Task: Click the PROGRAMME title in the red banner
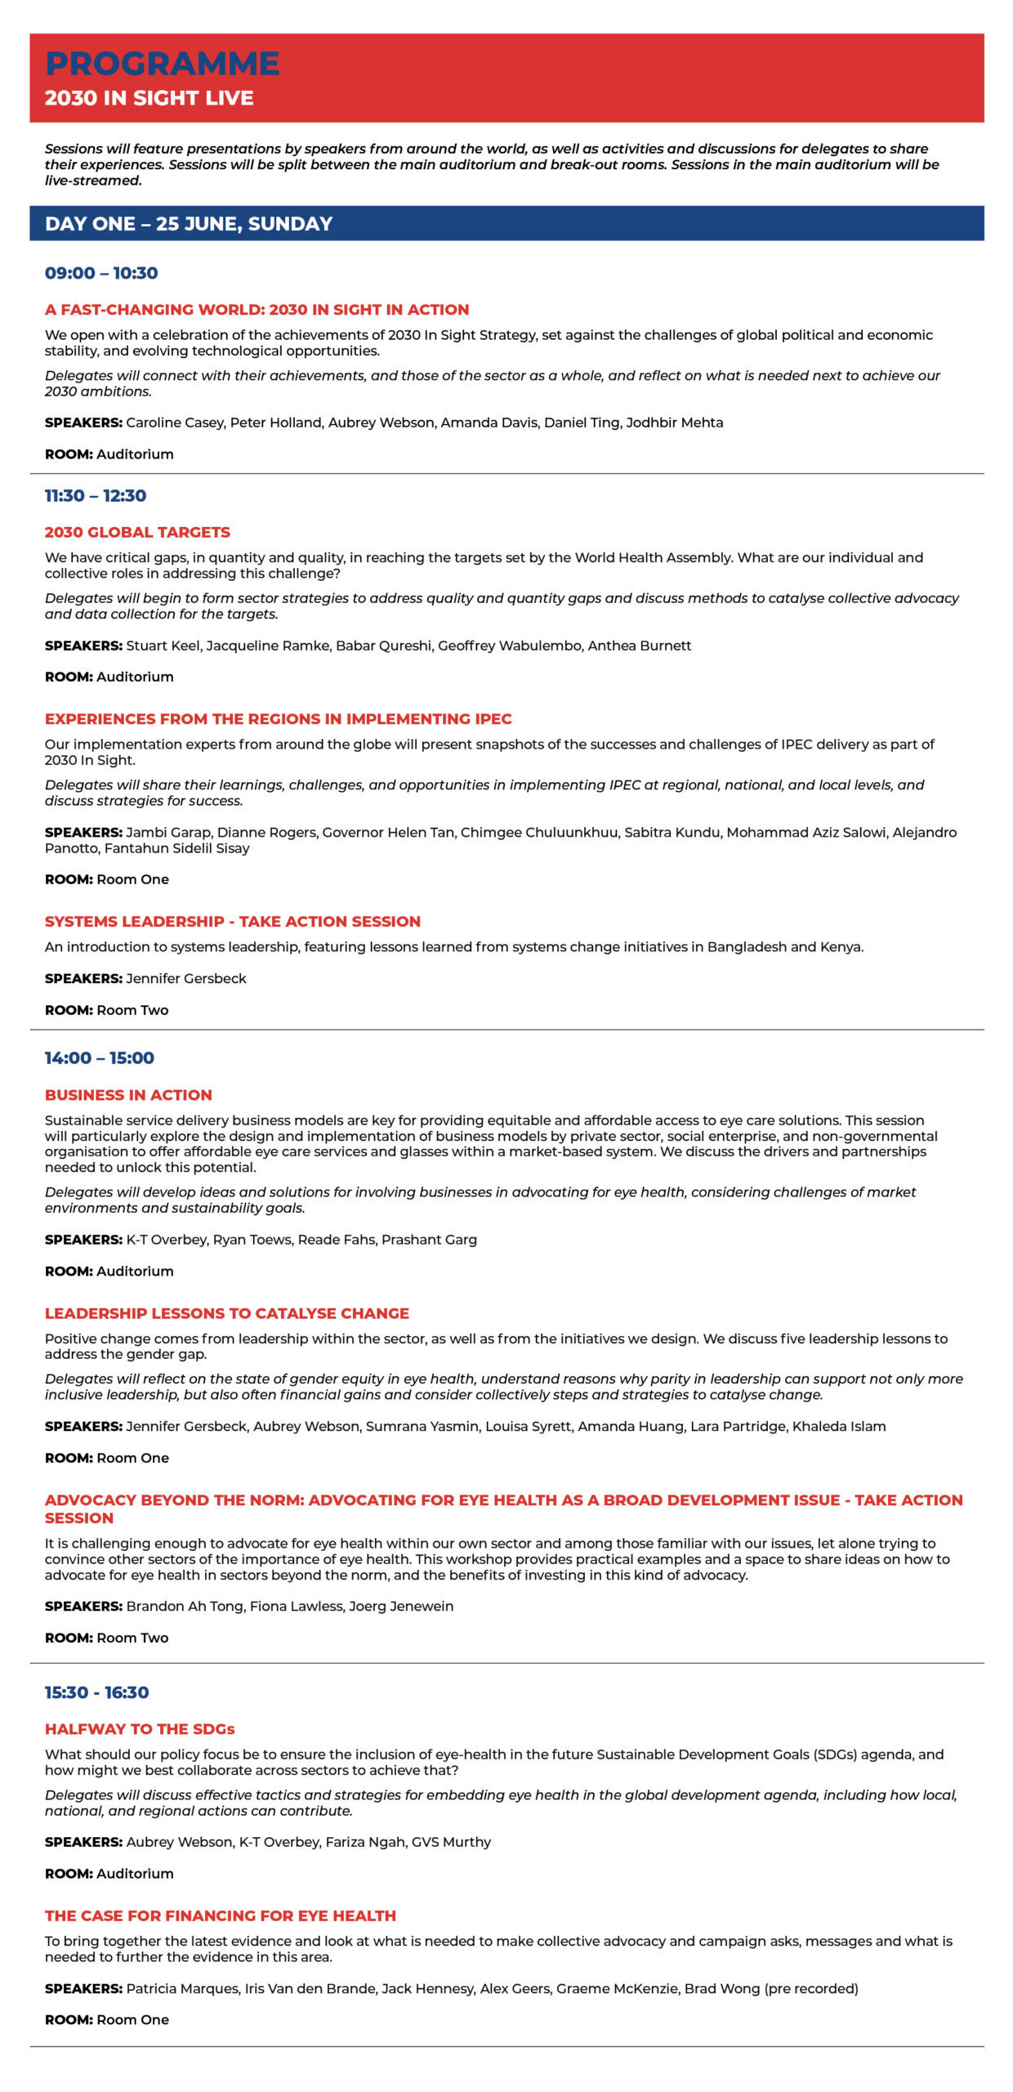click(x=162, y=64)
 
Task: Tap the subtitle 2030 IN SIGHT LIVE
click(x=149, y=98)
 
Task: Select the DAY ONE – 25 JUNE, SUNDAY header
click(x=189, y=224)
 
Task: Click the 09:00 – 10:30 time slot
click(x=101, y=273)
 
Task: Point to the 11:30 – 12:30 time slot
click(x=96, y=495)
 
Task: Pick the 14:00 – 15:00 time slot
click(x=100, y=1057)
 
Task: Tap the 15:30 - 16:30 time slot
click(x=97, y=1692)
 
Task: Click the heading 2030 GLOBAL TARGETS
click(x=137, y=532)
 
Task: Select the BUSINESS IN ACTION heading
click(x=128, y=1095)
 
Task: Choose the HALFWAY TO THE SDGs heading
click(x=140, y=1729)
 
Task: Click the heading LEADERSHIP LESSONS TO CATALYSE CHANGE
click(x=227, y=1313)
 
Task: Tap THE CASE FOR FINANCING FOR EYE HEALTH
click(x=221, y=1915)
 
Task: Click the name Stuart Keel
click(x=163, y=646)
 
